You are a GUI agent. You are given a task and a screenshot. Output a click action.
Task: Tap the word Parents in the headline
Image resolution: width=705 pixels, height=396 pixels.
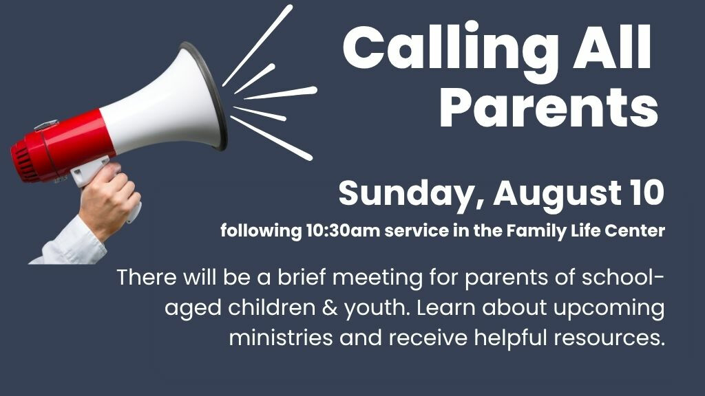(549, 108)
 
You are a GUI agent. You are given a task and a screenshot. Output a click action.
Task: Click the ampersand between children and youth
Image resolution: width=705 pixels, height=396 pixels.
(329, 308)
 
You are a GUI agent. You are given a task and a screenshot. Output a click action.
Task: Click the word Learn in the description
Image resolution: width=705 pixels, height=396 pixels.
(445, 307)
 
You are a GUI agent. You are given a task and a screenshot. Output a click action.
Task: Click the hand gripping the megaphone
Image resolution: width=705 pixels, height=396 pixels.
(109, 197)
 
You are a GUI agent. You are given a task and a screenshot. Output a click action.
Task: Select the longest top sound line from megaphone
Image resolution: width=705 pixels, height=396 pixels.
(258, 45)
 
